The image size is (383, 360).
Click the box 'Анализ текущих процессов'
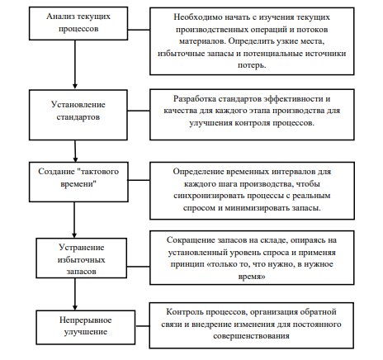pos(78,23)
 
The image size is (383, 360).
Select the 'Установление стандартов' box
pos(78,115)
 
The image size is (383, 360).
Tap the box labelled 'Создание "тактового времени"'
pos(78,182)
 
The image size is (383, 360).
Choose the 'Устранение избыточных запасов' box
pos(82,258)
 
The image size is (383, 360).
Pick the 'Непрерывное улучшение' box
pos(86,328)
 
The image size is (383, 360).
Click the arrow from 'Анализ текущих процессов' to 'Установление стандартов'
pos(75,64)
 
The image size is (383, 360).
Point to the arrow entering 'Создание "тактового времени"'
pos(75,151)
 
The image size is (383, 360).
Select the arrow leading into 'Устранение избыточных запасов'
pos(74,220)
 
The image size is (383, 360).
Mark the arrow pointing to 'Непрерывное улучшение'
pos(75,294)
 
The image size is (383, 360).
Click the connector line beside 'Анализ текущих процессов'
pos(139,30)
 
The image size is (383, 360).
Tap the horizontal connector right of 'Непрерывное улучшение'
pos(143,326)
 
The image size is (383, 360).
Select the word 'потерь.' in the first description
pos(252,65)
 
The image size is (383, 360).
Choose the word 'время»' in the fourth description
pos(252,277)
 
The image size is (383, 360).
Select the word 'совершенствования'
pos(251,336)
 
